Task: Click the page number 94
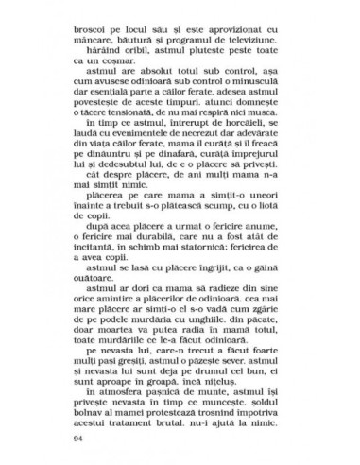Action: [x=78, y=440]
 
